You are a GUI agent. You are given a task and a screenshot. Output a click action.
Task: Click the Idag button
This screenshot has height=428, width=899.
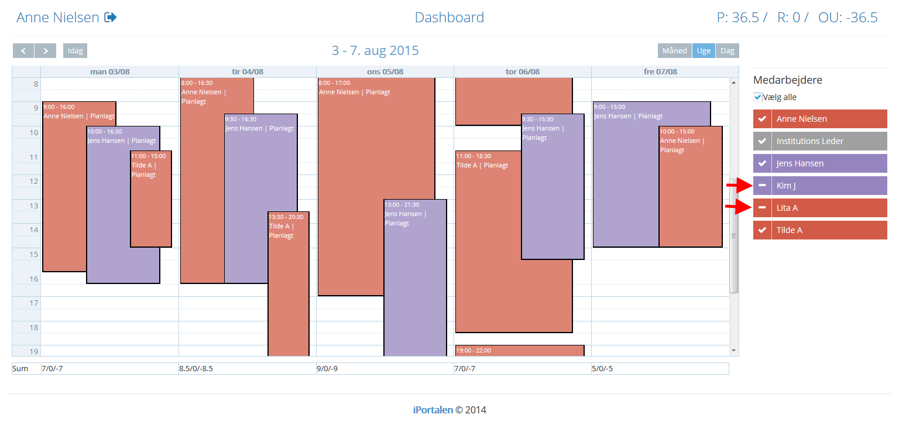click(x=75, y=50)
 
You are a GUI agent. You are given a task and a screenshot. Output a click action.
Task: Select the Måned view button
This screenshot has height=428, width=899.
click(x=675, y=50)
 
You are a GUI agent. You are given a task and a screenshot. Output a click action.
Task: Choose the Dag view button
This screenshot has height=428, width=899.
click(x=728, y=50)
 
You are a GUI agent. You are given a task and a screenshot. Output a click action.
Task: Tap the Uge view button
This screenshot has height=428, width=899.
click(x=704, y=50)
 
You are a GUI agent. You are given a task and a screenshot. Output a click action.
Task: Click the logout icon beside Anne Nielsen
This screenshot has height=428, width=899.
click(x=111, y=17)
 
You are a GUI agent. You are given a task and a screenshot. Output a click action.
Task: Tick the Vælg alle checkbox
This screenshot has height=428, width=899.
click(x=758, y=97)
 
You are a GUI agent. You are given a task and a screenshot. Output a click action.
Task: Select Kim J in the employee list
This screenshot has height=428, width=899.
click(x=820, y=186)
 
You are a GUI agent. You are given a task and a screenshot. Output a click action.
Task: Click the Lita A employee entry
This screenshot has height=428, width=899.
click(x=820, y=208)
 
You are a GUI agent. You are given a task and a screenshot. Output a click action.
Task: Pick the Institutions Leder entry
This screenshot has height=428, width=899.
click(x=820, y=141)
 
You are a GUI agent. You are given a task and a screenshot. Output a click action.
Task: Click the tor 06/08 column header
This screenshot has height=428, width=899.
click(x=523, y=71)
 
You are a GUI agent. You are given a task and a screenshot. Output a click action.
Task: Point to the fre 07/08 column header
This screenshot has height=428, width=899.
click(x=660, y=71)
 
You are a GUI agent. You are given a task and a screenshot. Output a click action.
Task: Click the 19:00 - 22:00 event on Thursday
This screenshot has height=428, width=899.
click(x=520, y=351)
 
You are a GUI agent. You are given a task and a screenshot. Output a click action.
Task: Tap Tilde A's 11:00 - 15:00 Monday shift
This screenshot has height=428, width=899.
click(x=151, y=198)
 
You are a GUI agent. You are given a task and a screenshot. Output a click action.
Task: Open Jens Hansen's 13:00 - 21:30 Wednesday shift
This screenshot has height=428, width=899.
click(x=415, y=278)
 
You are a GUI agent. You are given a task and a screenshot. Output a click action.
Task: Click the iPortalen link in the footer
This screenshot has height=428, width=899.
click(x=433, y=410)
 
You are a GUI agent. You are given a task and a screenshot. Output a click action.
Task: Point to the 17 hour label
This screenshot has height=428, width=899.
click(x=34, y=303)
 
